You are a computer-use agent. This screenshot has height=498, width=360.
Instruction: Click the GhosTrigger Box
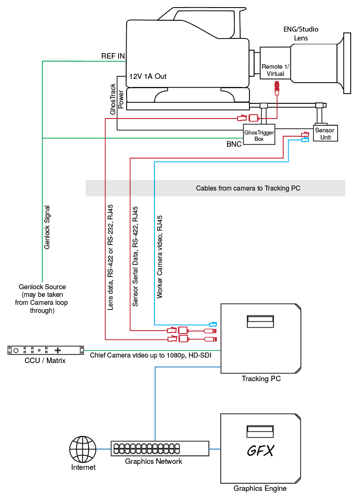tap(259, 135)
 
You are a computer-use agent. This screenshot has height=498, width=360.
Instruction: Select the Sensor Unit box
tap(325, 133)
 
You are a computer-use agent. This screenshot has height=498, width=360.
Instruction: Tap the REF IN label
tap(113, 56)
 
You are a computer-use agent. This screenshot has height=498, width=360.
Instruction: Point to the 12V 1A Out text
tap(148, 76)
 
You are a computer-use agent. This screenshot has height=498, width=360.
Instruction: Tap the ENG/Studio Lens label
tap(301, 34)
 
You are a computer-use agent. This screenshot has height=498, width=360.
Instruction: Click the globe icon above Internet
tap(83, 449)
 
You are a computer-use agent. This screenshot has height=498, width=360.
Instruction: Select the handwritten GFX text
tap(260, 451)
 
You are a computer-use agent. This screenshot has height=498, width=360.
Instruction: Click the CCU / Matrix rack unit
tap(46, 350)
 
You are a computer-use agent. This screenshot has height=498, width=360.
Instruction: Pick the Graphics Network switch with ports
tap(160, 448)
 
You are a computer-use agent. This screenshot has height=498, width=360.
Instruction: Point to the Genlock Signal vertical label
tap(47, 227)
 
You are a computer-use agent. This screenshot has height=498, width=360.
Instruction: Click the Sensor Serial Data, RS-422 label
tap(135, 256)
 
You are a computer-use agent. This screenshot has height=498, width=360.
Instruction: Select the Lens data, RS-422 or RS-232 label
tap(111, 257)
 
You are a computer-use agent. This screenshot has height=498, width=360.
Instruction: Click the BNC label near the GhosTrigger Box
tap(234, 144)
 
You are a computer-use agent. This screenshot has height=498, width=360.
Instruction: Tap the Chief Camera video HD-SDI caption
tap(150, 355)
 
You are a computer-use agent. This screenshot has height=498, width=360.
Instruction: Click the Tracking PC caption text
tap(261, 379)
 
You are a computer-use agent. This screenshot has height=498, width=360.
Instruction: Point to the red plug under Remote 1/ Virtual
tap(277, 86)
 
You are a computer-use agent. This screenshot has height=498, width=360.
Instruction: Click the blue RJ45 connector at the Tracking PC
tap(213, 324)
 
